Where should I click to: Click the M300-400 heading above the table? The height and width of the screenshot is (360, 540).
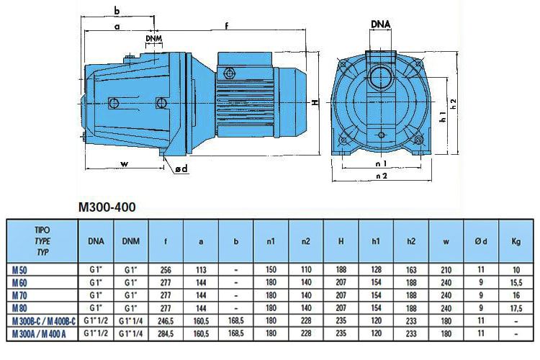coord(107,207)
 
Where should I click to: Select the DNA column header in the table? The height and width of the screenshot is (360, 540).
coord(95,242)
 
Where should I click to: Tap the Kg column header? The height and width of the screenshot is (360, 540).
coord(516,242)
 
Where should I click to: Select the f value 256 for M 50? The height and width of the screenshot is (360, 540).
coord(166,269)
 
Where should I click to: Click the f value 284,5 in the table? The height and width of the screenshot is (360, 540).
coord(166,334)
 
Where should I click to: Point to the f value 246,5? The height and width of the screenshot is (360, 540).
coord(166,321)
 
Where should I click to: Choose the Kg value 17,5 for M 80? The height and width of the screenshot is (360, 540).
coord(516,308)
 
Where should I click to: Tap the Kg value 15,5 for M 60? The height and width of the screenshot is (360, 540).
coord(516,282)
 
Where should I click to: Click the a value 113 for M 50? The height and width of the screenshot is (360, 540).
coord(201,269)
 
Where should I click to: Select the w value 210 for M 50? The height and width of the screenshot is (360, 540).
coord(446,269)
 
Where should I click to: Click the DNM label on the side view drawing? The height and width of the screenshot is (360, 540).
coord(153,37)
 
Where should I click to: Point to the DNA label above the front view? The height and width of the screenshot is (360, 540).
coord(381,24)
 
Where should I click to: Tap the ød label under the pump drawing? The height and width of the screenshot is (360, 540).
coord(181,168)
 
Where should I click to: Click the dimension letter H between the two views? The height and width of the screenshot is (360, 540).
coord(315,102)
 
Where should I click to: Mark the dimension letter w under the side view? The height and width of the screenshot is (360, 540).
coord(124,164)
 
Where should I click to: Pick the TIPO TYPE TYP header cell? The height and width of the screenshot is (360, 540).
coord(42,242)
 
